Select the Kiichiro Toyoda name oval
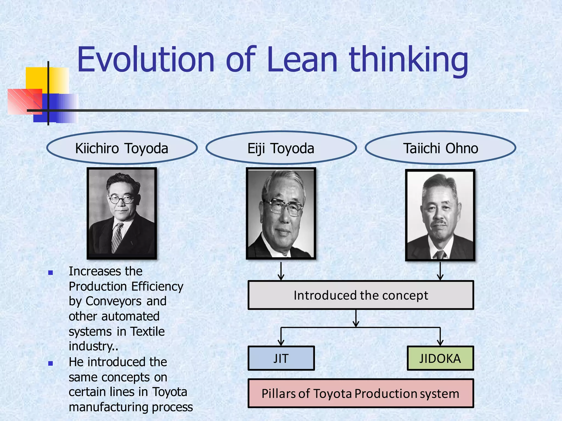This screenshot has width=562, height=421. (x=122, y=148)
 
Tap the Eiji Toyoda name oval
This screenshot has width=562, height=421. (x=281, y=148)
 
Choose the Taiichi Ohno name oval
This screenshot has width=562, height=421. (x=440, y=148)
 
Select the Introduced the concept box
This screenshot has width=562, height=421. (x=361, y=295)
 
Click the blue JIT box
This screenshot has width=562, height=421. (x=281, y=358)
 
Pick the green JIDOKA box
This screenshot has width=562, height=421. (x=440, y=358)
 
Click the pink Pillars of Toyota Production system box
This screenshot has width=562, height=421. (x=361, y=394)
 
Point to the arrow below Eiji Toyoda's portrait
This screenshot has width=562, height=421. (x=281, y=271)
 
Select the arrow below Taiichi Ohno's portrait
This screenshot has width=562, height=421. (x=440, y=271)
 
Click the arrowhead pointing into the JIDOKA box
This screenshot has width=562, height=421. (x=440, y=343)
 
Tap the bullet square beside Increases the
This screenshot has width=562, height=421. (x=50, y=273)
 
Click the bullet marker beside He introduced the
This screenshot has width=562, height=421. (x=50, y=363)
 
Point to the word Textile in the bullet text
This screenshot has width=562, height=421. (x=147, y=331)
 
